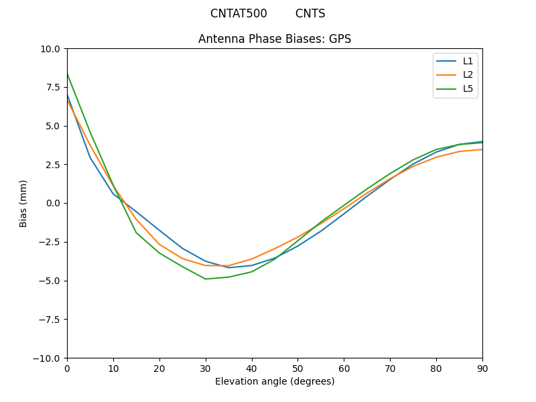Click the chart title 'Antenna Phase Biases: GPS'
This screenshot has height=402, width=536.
pos(275,39)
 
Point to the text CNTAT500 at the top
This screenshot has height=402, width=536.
pos(239,13)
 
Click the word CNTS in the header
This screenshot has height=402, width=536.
pos(310,13)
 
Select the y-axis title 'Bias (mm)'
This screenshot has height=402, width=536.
pos(23,203)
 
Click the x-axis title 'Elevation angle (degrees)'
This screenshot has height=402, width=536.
pos(275,381)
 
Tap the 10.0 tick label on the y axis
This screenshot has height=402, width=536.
pos(50,49)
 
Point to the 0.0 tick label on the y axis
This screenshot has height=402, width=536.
pos(52,203)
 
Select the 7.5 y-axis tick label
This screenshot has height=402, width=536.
pos(52,87)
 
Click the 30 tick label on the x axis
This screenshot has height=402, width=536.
pos(206,368)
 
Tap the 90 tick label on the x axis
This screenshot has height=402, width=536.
pos(482,368)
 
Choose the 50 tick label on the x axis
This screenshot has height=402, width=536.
pos(297,368)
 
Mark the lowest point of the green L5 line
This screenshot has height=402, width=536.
pos(206,279)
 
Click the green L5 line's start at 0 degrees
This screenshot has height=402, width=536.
pos(67,74)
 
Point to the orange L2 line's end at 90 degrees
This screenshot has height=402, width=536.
pos(482,149)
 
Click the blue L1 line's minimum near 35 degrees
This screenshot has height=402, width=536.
pos(228,268)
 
